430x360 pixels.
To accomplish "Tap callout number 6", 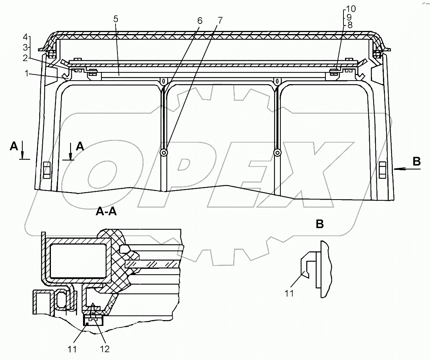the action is [200, 20].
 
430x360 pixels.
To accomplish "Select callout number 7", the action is [220, 20].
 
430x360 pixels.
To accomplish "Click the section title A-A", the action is [107, 212].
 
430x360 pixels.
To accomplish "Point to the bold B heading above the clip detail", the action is [320, 224].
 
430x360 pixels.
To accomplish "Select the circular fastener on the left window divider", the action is [164, 153].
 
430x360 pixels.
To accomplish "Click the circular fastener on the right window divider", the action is [278, 153].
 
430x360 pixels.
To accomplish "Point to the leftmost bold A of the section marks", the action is [14, 146].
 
